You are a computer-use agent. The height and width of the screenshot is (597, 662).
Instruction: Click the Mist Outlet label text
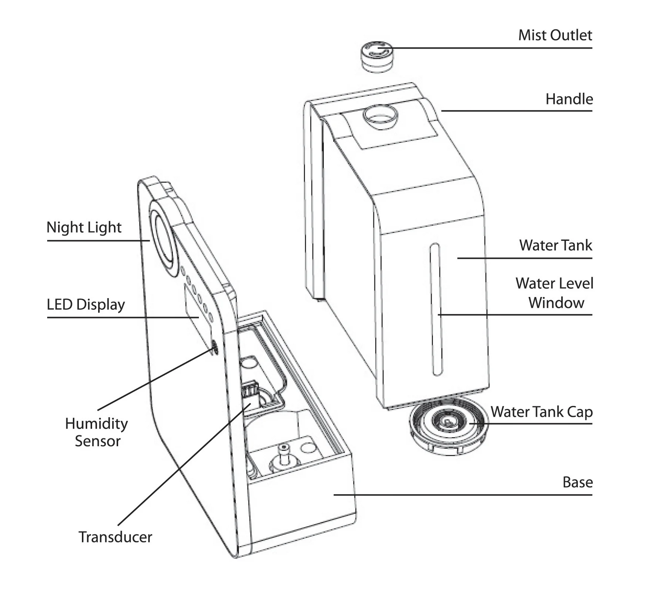tap(555, 35)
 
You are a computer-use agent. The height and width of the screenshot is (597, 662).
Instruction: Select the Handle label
tap(569, 99)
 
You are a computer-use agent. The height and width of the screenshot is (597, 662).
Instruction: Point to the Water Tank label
tap(555, 245)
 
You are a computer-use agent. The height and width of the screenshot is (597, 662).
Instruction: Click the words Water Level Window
tap(554, 293)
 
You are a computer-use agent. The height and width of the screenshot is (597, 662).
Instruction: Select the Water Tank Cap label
tap(541, 412)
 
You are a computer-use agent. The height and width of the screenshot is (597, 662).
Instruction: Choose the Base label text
tap(577, 482)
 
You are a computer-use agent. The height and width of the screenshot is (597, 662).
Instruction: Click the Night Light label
tap(84, 228)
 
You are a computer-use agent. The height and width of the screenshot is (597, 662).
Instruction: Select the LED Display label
tap(86, 305)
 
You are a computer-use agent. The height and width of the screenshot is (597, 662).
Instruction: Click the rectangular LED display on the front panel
tap(192, 302)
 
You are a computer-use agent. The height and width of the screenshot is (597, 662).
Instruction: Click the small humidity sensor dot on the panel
tap(214, 347)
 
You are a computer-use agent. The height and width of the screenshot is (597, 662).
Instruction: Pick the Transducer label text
tap(115, 537)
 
